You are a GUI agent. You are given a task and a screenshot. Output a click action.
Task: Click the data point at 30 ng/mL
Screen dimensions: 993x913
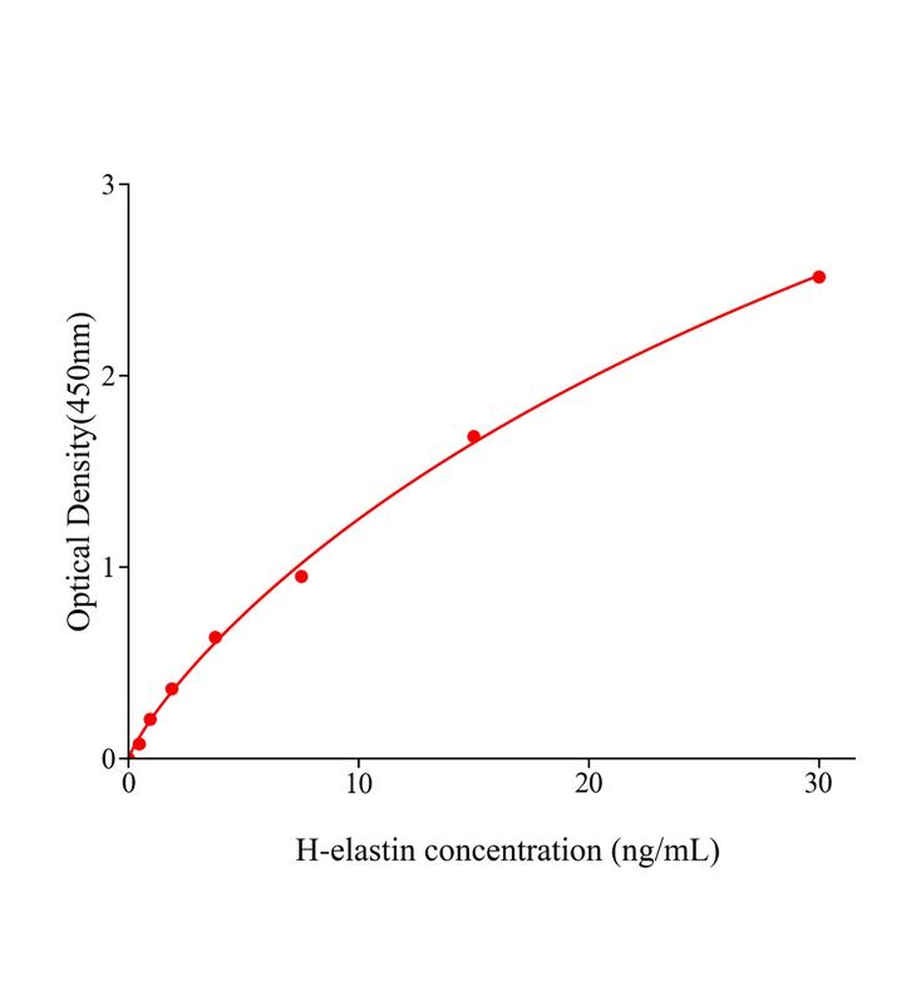pyautogui.click(x=819, y=276)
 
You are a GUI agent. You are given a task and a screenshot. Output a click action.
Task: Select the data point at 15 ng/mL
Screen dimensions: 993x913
pyautogui.click(x=474, y=436)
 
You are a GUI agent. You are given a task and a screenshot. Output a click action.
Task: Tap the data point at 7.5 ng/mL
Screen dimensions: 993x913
pyautogui.click(x=301, y=576)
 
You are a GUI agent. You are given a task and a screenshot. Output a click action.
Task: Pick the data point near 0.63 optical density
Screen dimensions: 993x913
pyautogui.click(x=215, y=637)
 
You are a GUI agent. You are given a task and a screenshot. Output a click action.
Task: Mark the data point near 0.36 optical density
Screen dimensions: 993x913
pyautogui.click(x=172, y=688)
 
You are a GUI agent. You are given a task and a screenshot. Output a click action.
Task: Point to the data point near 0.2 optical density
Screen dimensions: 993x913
pyautogui.click(x=150, y=719)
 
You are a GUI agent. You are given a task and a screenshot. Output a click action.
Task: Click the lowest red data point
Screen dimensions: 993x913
pyautogui.click(x=139, y=744)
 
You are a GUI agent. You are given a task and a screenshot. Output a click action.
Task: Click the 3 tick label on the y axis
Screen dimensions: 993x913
pyautogui.click(x=108, y=185)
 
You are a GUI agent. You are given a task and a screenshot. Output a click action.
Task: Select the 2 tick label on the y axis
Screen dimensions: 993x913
pyautogui.click(x=108, y=376)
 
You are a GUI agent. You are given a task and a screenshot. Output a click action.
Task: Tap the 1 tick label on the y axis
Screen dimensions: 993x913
pyautogui.click(x=108, y=567)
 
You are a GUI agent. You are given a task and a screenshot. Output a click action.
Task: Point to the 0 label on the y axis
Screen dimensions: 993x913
pyautogui.click(x=108, y=758)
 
